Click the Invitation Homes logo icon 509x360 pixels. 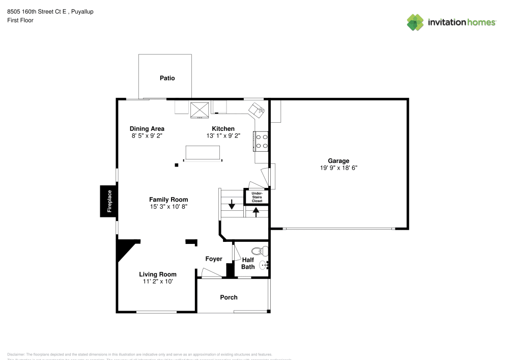[415, 22]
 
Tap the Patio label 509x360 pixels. [167, 78]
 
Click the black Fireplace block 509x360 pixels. [108, 201]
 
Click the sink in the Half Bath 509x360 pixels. [263, 265]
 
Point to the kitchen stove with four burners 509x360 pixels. [261, 141]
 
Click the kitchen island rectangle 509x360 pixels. [203, 152]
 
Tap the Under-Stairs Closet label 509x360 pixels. [257, 197]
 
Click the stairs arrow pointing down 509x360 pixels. [232, 205]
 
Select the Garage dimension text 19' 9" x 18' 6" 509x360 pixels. [338, 168]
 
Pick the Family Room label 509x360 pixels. [168, 200]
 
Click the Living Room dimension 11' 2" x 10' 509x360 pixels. [158, 281]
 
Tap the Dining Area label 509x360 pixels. [147, 129]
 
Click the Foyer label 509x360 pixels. [214, 259]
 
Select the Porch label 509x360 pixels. [229, 297]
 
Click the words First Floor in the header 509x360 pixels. [20, 20]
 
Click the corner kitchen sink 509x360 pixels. [257, 109]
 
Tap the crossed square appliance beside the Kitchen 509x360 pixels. [199, 109]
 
